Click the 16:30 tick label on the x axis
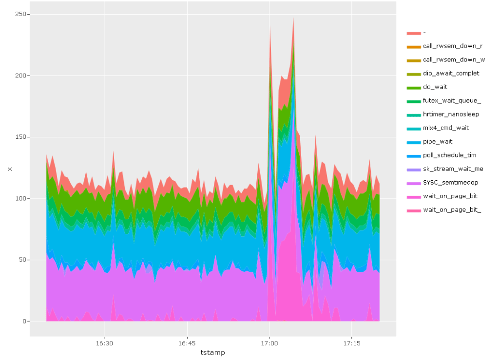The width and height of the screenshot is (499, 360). tap(105, 343)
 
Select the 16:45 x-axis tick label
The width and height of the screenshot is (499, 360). tap(187, 343)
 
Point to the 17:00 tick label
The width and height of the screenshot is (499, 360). tap(269, 343)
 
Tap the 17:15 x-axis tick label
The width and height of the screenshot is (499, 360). tap(351, 343)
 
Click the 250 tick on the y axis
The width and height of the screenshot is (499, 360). tap(21, 14)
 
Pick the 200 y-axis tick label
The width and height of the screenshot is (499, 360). tap(21, 76)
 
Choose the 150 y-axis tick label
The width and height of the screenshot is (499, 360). tap(21, 137)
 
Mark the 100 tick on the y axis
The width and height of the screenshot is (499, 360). tap(21, 198)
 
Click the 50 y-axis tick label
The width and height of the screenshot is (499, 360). tap(22, 260)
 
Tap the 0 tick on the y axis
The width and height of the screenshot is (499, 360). tap(24, 321)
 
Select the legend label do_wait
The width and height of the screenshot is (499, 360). tap(435, 87)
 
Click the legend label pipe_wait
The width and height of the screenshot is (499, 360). tap(438, 141)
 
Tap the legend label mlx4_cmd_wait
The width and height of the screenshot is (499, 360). tap(446, 128)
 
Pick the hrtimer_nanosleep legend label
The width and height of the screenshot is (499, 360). tap(451, 114)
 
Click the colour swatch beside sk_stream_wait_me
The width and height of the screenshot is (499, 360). tap(414, 169)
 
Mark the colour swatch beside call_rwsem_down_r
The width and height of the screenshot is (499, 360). tap(414, 46)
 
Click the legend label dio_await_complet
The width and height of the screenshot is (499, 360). tap(451, 73)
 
